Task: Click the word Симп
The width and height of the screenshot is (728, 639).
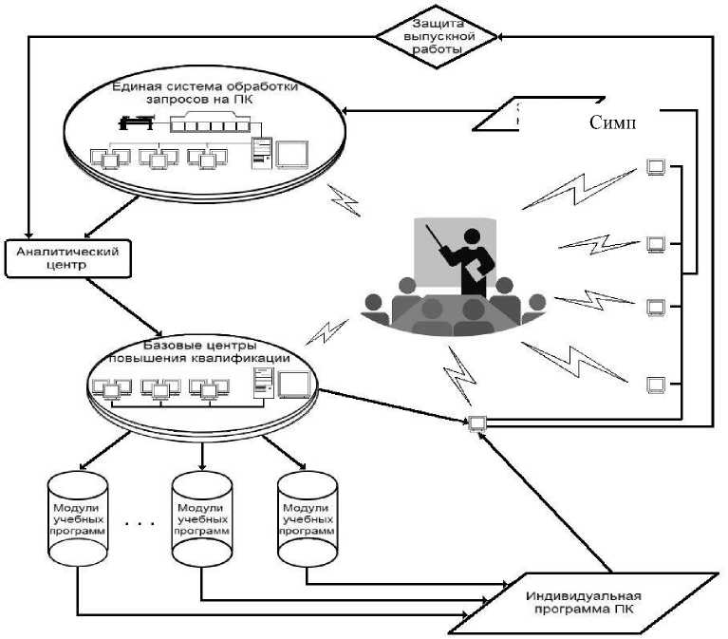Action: point(612,123)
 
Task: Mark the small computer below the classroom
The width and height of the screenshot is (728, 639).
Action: point(476,423)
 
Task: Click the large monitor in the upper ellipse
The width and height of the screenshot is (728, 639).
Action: point(294,152)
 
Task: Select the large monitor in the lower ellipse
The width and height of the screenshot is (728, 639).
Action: point(294,385)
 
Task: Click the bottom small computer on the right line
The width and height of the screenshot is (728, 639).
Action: point(655,385)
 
